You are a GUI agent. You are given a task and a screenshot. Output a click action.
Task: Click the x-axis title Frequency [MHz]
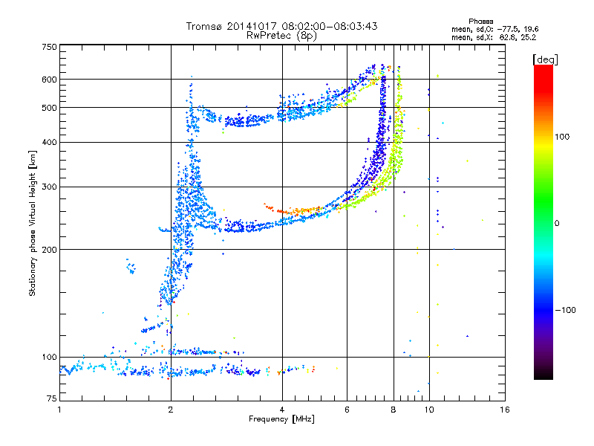(281, 420)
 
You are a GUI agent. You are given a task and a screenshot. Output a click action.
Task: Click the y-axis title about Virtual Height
(33, 223)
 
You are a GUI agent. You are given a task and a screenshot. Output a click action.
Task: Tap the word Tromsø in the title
(206, 26)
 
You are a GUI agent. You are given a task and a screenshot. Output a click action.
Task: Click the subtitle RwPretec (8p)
(281, 35)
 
